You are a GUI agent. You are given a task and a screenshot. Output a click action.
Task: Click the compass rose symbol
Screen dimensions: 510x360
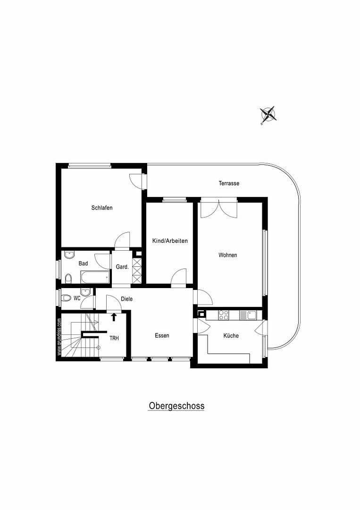pyautogui.click(x=268, y=114)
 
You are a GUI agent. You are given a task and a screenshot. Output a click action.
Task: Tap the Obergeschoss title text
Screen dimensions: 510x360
pyautogui.click(x=176, y=406)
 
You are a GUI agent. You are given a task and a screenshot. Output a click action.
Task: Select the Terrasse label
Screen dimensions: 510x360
pyautogui.click(x=228, y=183)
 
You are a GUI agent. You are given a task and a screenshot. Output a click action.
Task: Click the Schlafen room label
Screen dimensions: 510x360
pyautogui.click(x=102, y=208)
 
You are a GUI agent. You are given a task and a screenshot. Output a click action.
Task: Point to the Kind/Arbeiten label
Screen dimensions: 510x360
pyautogui.click(x=170, y=241)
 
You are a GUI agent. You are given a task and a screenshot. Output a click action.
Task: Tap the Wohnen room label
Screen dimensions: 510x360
pyautogui.click(x=227, y=255)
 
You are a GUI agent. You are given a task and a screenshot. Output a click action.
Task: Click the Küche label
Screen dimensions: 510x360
pyautogui.click(x=231, y=336)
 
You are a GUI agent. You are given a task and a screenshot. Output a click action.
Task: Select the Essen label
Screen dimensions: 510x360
pyautogui.click(x=162, y=336)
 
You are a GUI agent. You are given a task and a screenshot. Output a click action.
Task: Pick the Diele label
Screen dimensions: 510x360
pyautogui.click(x=126, y=299)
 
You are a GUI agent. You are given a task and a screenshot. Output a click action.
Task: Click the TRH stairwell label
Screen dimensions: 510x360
pyautogui.click(x=114, y=339)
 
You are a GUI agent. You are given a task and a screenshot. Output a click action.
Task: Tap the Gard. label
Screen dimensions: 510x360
pyautogui.click(x=122, y=267)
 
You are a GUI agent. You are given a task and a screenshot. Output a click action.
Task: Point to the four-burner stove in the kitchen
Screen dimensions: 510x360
pyautogui.click(x=223, y=314)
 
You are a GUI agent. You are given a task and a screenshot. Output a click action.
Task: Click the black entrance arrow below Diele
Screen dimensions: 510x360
pyautogui.click(x=113, y=317)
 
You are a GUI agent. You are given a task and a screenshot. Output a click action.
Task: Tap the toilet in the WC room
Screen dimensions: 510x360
pyautogui.click(x=67, y=298)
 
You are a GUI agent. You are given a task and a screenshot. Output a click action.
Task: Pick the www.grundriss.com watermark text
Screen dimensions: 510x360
pyautogui.click(x=59, y=336)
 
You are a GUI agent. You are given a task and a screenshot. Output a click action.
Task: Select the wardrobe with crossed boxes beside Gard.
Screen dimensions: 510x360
pyautogui.click(x=137, y=271)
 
